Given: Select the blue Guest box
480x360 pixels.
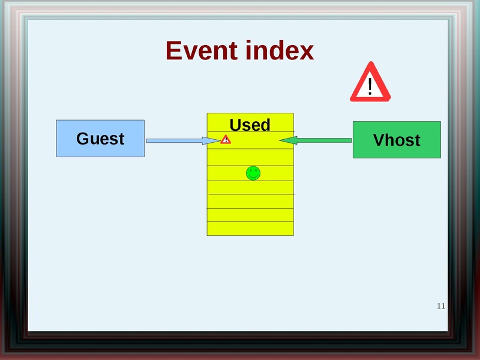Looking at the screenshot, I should (100, 139).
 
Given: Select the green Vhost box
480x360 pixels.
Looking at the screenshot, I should (397, 140).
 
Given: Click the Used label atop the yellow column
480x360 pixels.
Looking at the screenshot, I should (250, 125).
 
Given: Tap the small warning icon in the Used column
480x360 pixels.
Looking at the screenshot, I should (226, 140).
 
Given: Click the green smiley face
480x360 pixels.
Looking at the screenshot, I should (253, 173).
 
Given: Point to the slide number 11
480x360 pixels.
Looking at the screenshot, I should (441, 306).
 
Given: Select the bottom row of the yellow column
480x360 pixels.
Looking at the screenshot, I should (250, 229).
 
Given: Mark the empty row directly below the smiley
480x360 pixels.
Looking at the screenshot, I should (250, 187).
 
